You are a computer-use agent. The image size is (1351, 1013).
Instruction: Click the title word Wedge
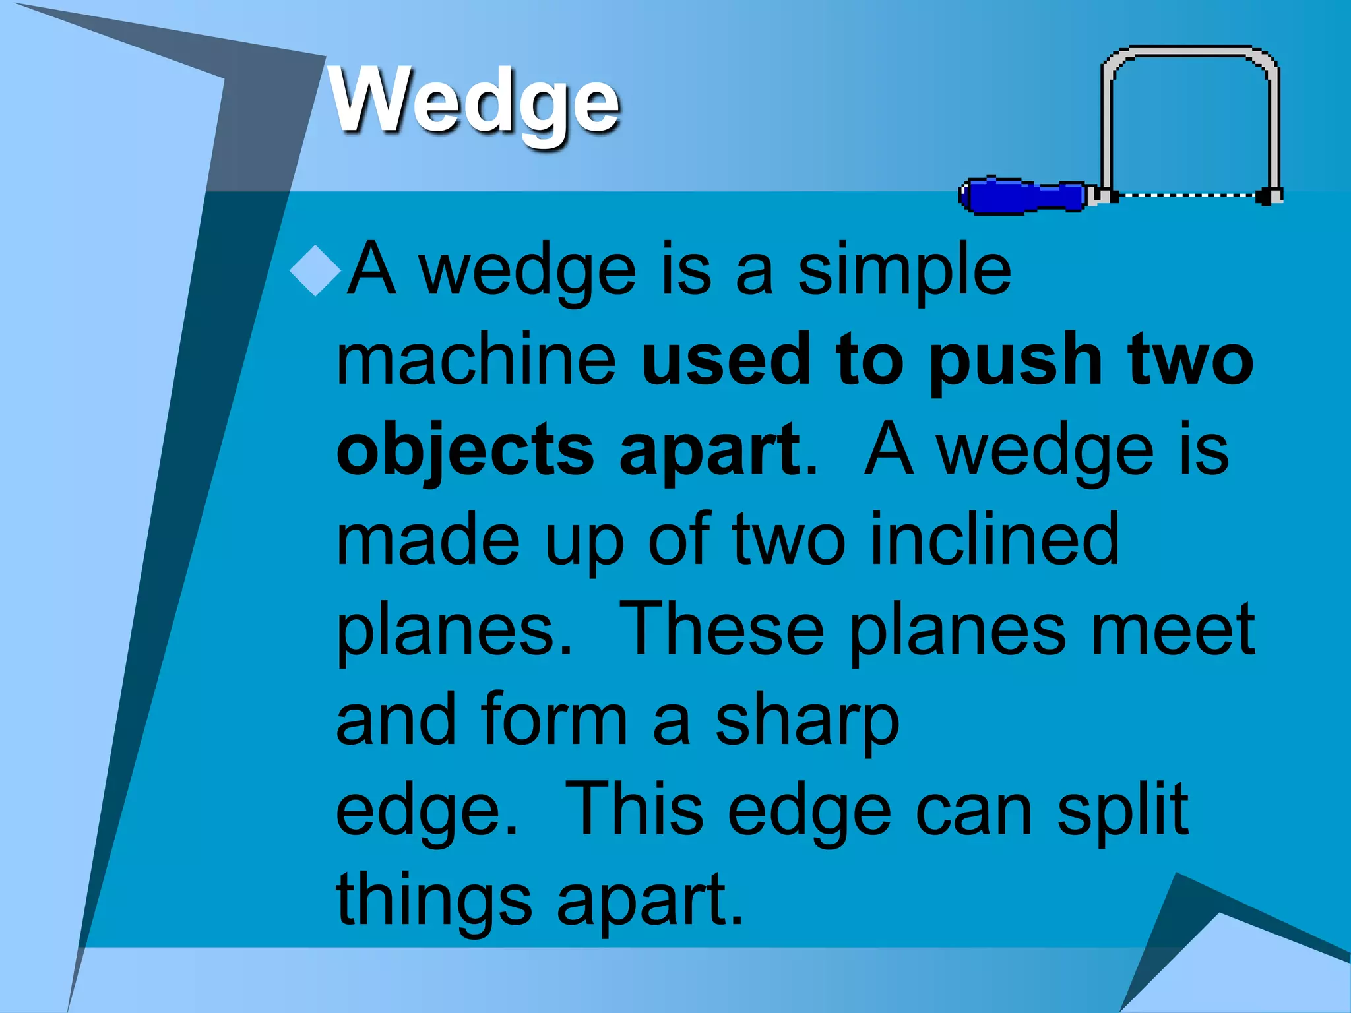point(475,102)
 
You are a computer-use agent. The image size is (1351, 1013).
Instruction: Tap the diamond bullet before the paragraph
point(315,270)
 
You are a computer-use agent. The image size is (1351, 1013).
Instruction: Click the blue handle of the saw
point(1022,196)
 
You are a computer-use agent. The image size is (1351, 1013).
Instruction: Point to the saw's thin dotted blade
point(1187,195)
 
